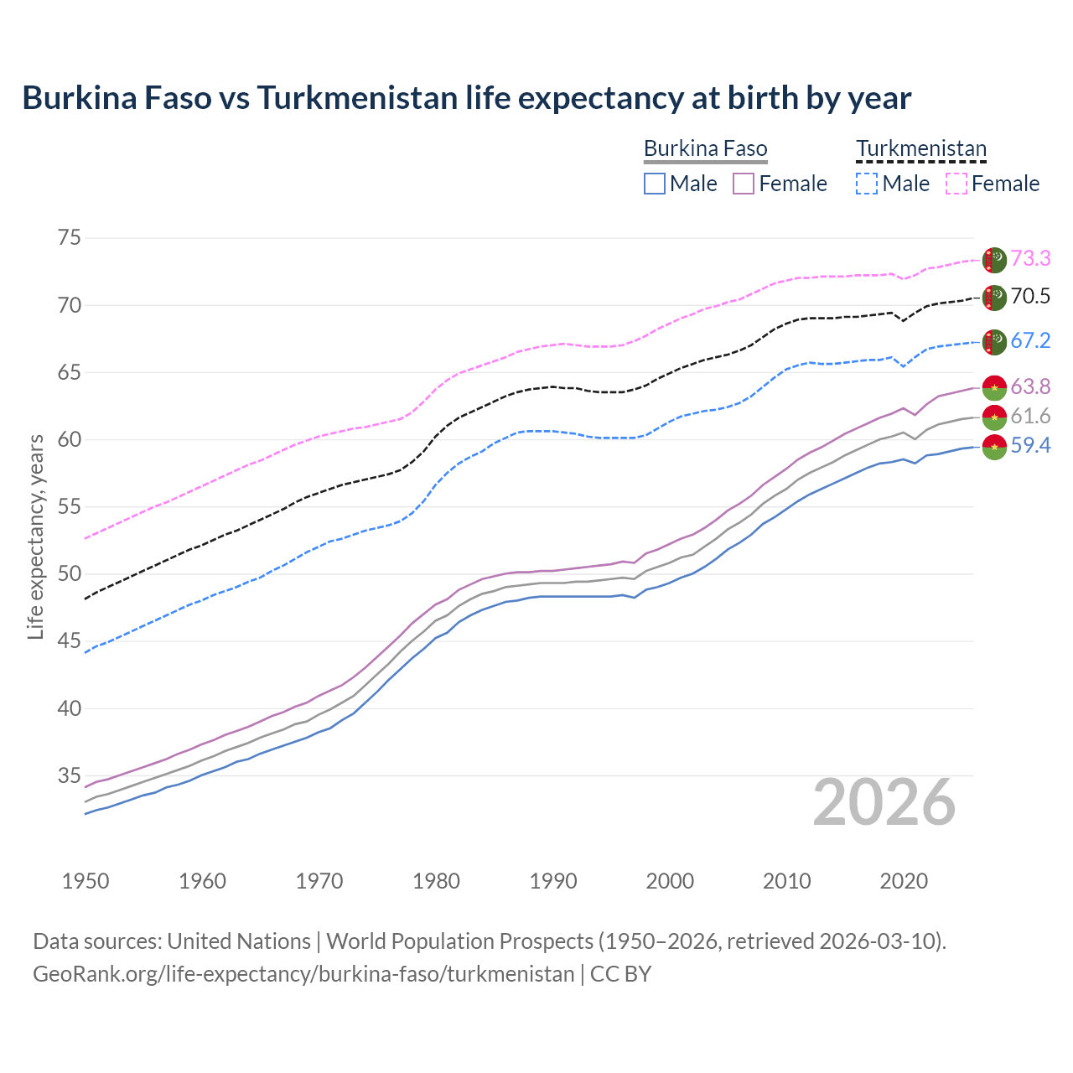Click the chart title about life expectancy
click(x=466, y=98)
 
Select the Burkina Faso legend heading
click(x=705, y=149)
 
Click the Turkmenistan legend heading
click(x=920, y=149)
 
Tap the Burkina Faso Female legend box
click(x=744, y=184)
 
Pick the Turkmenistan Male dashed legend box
click(x=867, y=184)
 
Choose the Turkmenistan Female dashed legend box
click(x=956, y=184)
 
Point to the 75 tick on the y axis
click(x=70, y=238)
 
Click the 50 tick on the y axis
click(x=70, y=574)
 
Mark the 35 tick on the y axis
click(x=70, y=776)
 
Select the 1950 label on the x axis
click(x=86, y=881)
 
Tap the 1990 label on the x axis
click(x=553, y=881)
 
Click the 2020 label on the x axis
click(x=904, y=881)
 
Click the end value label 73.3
click(x=1030, y=259)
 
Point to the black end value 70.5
click(x=1030, y=297)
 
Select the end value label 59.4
click(x=1030, y=446)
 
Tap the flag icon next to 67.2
click(x=994, y=341)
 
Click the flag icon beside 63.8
click(x=994, y=387)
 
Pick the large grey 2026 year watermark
click(x=884, y=803)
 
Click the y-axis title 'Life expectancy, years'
click(x=36, y=536)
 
